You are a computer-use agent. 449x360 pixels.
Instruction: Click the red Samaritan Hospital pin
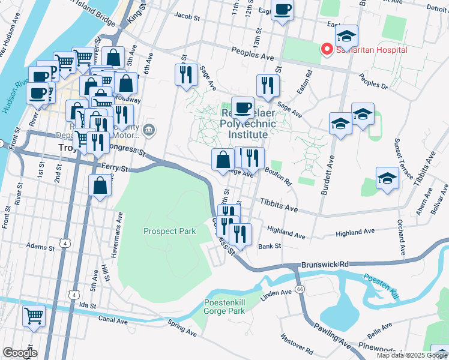(327, 49)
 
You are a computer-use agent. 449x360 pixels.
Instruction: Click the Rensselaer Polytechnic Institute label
(248, 124)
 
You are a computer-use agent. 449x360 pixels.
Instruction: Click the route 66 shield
(300, 289)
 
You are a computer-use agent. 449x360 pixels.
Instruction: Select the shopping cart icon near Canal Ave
(34, 314)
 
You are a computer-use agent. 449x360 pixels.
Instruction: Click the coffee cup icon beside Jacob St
(282, 10)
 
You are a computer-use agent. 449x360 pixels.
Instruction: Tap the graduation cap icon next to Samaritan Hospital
(346, 35)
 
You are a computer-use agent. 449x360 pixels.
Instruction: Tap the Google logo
(20, 353)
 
